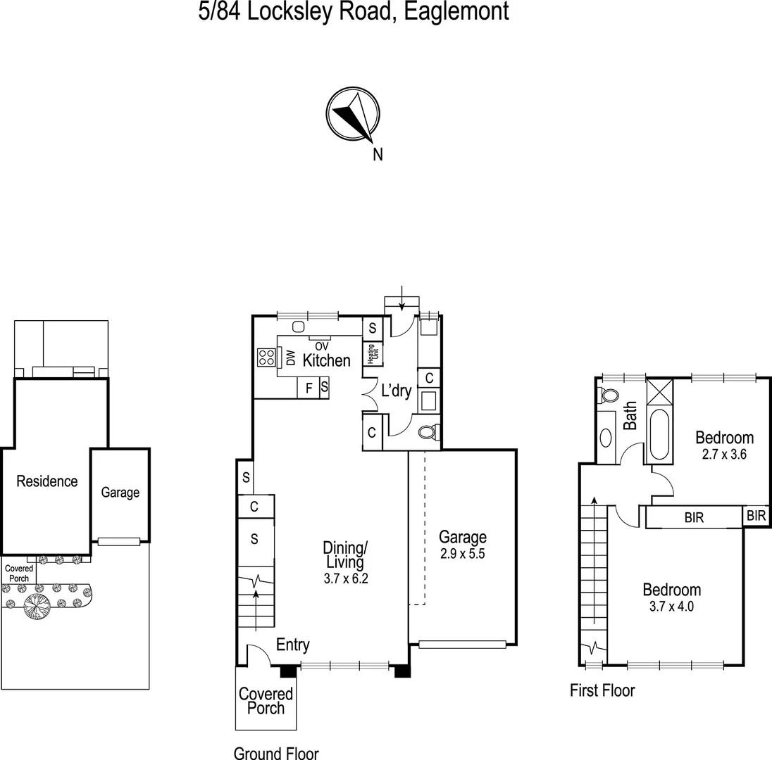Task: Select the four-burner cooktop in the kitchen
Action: [x=266, y=357]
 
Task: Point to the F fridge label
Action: [x=309, y=388]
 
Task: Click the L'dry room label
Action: [x=396, y=391]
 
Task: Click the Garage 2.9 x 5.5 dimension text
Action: [x=462, y=553]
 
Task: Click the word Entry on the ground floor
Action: [x=292, y=645]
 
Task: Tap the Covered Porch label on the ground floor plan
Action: [x=266, y=701]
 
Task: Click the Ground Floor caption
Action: [x=276, y=752]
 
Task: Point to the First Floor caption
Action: [x=602, y=690]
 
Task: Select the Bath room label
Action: [x=630, y=415]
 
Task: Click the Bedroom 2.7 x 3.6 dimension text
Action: [x=725, y=454]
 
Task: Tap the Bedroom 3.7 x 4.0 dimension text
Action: [x=671, y=606]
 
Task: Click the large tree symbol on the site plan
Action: [x=37, y=604]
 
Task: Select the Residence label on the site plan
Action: [x=47, y=481]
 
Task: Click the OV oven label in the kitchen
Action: [x=322, y=346]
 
